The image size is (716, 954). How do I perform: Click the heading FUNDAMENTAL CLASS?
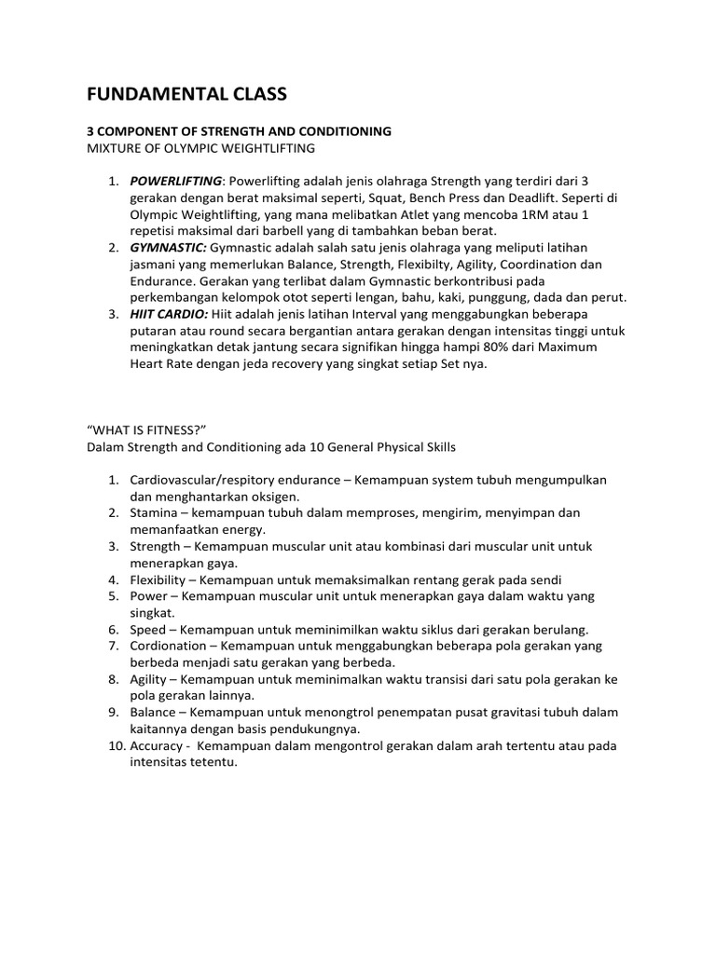tap(186, 93)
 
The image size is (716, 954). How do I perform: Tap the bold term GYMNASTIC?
tap(168, 248)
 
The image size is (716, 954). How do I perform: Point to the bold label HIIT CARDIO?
tap(172, 315)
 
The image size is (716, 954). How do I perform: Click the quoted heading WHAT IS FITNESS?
tap(146, 429)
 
